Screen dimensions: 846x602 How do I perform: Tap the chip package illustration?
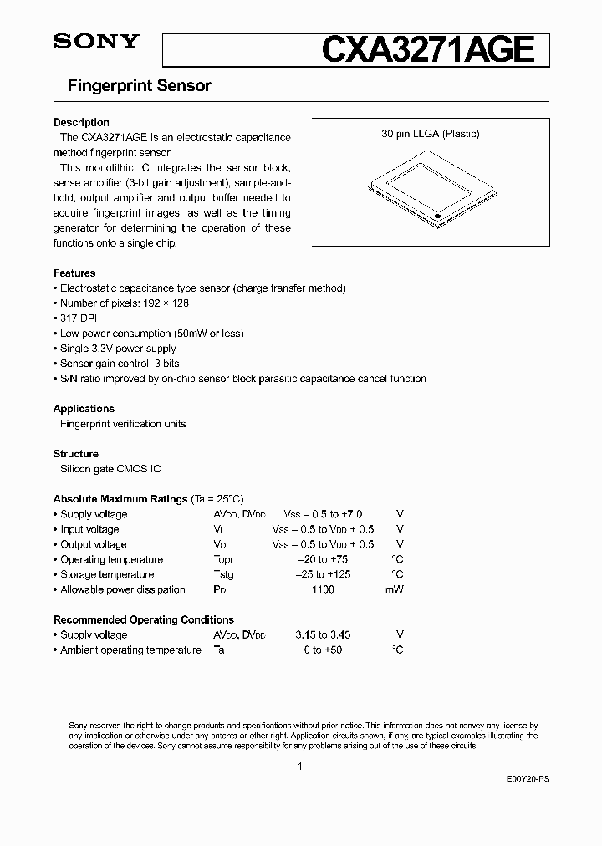coord(431,189)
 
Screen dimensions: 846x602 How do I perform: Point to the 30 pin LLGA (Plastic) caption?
coord(431,134)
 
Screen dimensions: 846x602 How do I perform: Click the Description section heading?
coord(81,122)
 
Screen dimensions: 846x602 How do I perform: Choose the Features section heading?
coord(74,273)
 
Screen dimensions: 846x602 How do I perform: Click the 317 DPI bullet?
coord(79,319)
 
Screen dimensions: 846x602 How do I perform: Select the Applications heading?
coord(84,409)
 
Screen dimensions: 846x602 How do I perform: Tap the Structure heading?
coord(76,454)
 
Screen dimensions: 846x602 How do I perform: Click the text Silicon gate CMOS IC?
coord(110,469)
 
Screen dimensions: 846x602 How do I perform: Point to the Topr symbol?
coord(223,559)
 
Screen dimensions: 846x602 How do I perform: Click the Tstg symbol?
coord(223,574)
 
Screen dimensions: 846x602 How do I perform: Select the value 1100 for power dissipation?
coord(322,589)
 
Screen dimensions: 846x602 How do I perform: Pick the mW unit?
coord(394,589)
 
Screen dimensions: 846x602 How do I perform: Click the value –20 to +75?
coord(322,559)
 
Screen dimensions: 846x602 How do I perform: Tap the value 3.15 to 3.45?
coord(322,634)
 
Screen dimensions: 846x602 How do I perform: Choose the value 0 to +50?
coord(322,650)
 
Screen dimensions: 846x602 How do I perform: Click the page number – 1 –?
coord(299,767)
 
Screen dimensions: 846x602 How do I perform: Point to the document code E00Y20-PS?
coord(528,778)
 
